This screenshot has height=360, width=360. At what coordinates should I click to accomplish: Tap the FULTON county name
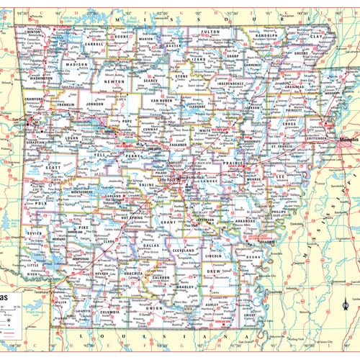coord(210,32)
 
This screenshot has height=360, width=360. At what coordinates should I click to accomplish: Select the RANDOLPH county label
coord(266,34)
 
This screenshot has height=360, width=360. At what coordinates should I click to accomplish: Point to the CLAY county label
coord(315,35)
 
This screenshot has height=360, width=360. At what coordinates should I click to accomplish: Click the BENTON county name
coord(34,32)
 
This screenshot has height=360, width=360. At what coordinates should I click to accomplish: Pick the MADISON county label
coord(76,65)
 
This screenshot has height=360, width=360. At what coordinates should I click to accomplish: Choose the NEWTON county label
coord(114,81)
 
